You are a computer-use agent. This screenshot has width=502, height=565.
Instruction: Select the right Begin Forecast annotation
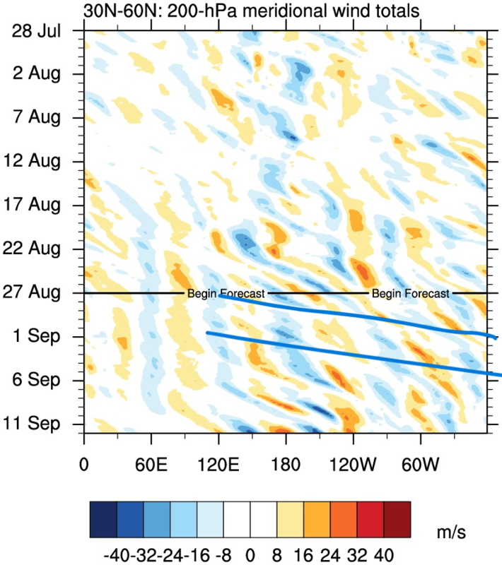point(410,293)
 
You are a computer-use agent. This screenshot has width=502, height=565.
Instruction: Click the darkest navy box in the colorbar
point(103,520)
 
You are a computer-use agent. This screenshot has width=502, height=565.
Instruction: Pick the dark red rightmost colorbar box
point(397,520)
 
